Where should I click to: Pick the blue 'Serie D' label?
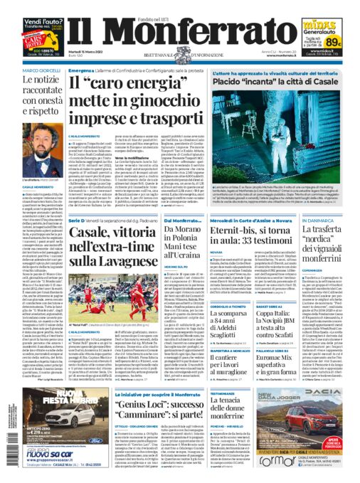(x=77, y=221)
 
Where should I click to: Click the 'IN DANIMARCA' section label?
(x=326, y=221)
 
